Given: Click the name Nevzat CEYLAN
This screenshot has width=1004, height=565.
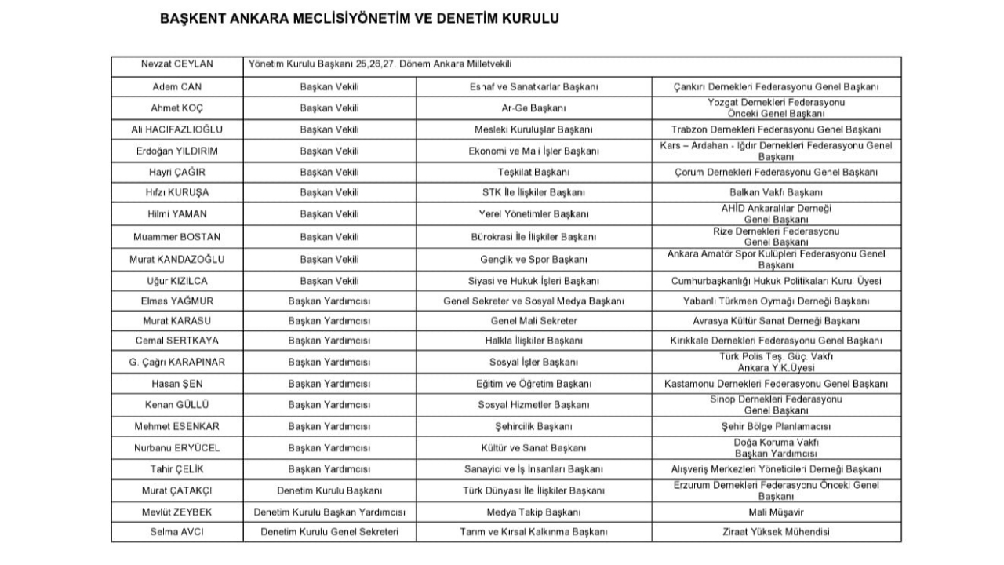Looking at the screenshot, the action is pos(176,64).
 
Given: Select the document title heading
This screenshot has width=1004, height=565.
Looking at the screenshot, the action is pos(359,18).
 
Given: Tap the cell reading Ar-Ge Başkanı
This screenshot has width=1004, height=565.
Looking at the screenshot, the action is pos(533,108).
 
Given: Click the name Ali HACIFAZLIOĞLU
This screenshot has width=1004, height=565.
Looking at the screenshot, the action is pos(176,129).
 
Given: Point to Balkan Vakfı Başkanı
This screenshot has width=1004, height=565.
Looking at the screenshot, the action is pos(776,192).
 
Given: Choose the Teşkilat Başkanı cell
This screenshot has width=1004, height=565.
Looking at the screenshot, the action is pos(533,172).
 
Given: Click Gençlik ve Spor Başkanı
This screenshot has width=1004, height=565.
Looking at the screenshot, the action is pos(533,259).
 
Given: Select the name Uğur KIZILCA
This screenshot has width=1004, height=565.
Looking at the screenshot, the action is pos(176,280).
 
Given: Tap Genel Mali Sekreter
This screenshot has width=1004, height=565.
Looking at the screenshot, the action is pos(533,321).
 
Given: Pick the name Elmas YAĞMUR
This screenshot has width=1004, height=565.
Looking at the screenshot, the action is pos(176,301).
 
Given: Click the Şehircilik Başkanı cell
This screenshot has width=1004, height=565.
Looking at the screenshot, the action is pos(533,426).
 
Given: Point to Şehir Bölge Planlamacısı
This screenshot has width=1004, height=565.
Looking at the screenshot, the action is pos(776,426).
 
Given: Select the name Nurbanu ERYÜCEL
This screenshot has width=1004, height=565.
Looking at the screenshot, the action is pos(176,448).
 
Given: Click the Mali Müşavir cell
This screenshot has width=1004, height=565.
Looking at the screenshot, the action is pos(776,512).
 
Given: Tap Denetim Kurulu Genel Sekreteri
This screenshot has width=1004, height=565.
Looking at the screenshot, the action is pos(329,532).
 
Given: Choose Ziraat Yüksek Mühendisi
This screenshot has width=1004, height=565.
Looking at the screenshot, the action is pos(776,532).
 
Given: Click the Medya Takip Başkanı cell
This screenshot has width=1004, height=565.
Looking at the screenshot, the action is pos(533,512).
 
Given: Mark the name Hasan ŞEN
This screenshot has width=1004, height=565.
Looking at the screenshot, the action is pos(176,384).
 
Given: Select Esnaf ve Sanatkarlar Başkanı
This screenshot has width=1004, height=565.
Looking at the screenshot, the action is pos(533,86).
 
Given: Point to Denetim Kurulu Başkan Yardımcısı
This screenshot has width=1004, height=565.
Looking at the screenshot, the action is pos(329,512).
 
